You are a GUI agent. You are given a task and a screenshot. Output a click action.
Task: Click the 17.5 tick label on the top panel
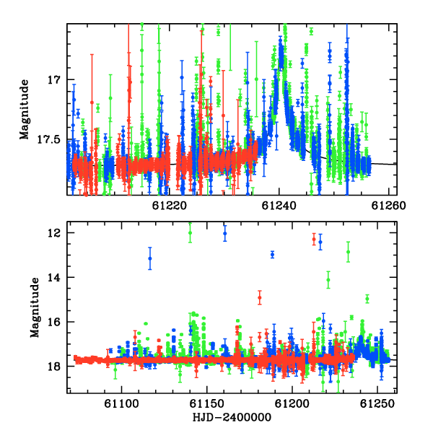click(x=48, y=139)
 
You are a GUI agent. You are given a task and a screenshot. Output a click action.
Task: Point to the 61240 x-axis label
click(x=279, y=206)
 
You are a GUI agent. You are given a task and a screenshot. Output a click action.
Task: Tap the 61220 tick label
click(x=170, y=206)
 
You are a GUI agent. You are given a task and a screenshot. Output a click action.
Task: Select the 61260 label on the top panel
click(x=388, y=206)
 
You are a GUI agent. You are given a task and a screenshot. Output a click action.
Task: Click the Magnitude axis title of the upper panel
click(x=24, y=110)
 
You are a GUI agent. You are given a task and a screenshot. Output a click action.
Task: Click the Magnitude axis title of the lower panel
click(x=35, y=307)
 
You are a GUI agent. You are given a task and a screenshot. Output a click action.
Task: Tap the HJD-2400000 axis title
click(x=232, y=417)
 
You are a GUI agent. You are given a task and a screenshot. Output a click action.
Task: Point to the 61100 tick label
click(x=121, y=404)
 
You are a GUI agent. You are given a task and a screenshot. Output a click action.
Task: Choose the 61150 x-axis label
click(x=206, y=404)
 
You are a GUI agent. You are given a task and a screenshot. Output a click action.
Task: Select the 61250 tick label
click(x=377, y=404)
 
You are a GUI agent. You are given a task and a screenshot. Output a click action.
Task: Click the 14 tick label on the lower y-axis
click(x=54, y=277)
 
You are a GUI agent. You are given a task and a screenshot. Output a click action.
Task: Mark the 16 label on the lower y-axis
click(x=54, y=322)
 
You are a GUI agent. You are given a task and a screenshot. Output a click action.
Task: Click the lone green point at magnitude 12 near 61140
click(x=190, y=232)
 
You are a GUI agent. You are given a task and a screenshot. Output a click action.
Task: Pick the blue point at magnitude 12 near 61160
click(x=225, y=233)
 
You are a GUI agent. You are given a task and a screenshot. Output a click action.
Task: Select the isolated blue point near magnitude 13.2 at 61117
click(x=150, y=258)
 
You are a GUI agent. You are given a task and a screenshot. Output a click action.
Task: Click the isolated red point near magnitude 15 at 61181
click(x=260, y=297)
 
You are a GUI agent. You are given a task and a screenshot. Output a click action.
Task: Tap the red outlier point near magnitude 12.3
click(x=314, y=239)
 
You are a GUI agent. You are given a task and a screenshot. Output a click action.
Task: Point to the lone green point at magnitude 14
click(x=328, y=280)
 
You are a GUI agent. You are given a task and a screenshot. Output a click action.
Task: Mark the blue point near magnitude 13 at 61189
click(x=273, y=254)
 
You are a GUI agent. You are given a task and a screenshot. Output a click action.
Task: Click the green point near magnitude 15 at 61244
click(x=367, y=299)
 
